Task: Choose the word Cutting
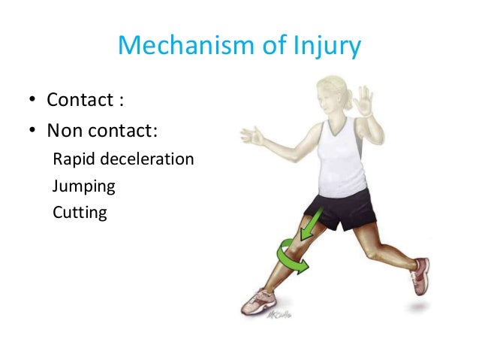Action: click(x=80, y=212)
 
